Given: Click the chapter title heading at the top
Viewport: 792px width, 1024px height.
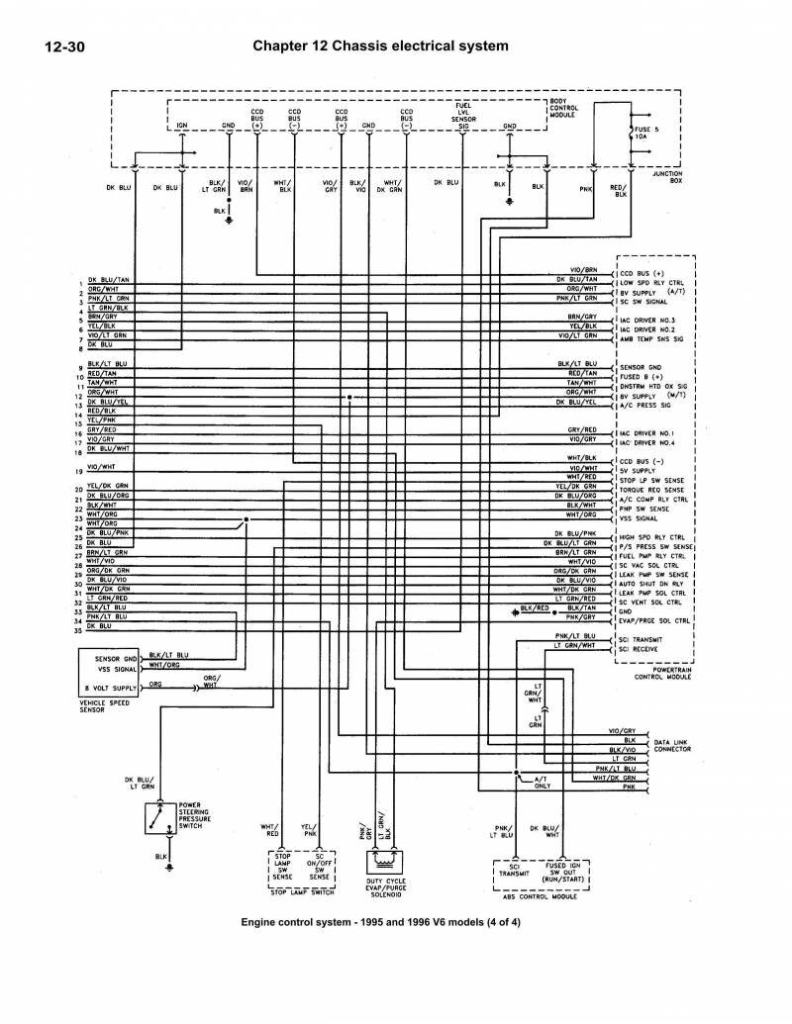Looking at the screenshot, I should coord(381,45).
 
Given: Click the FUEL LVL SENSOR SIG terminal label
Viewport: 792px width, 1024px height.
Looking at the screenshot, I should coord(463,113).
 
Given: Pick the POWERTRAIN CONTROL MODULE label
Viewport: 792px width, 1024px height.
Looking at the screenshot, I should coord(653,676).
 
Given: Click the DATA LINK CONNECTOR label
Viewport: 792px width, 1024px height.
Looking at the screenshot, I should coord(673,747).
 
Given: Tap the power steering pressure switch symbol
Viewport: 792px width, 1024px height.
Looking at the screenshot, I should coord(155,816).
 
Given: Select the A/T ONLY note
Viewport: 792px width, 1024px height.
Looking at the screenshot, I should coord(541,783).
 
